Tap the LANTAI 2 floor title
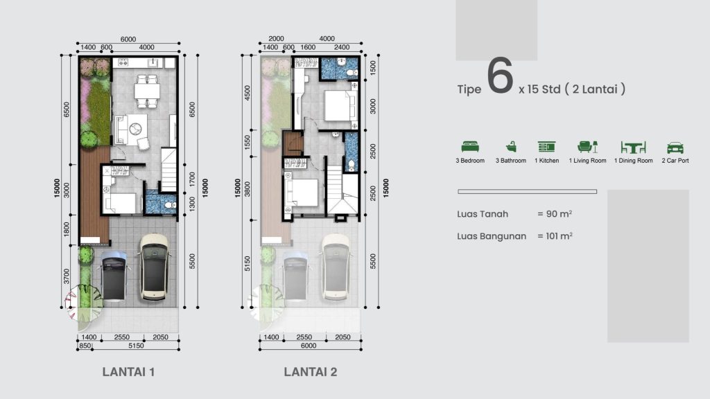[310, 371]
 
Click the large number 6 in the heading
[499, 77]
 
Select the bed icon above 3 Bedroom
[470, 147]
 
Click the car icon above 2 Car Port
[675, 147]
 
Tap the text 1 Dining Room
[634, 161]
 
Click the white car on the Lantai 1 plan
[155, 267]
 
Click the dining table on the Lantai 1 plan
[147, 91]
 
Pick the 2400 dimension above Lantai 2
[342, 48]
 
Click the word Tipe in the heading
[469, 89]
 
